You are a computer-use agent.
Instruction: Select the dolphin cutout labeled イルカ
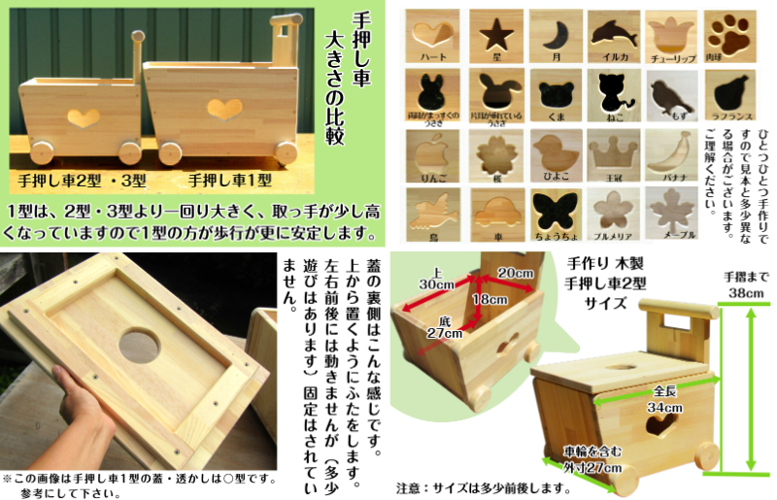tap(615, 36)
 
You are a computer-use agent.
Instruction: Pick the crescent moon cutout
tap(557, 36)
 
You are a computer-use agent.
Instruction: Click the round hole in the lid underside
tap(139, 345)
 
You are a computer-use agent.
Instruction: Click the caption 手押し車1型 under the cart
tap(229, 180)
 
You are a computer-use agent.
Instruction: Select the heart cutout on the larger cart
tap(225, 108)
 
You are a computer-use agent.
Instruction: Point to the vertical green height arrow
tap(748, 388)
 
